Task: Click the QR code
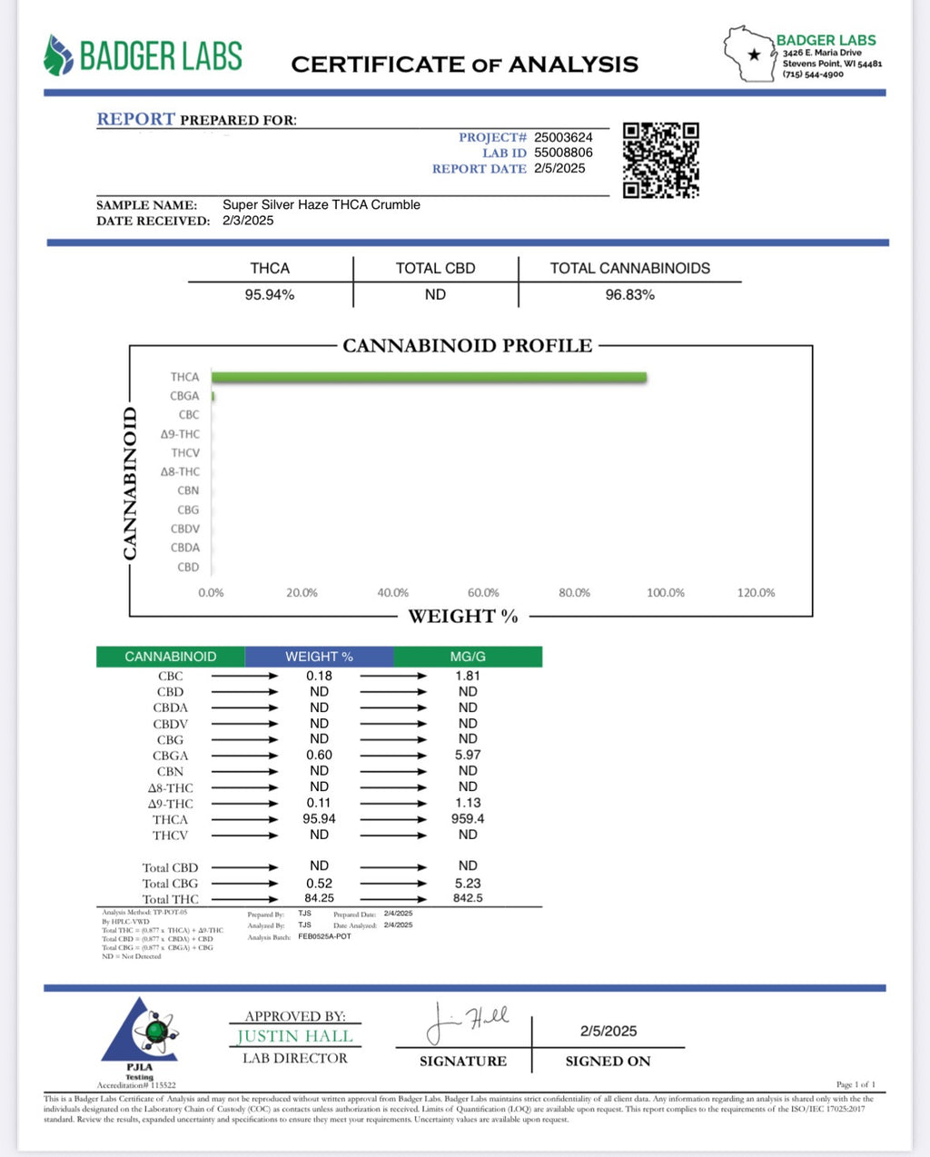(x=660, y=160)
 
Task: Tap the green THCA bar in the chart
(x=429, y=377)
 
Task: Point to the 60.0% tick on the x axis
(x=483, y=593)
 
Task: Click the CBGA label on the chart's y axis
(x=184, y=396)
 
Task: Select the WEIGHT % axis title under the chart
(x=463, y=617)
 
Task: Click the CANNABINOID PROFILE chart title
(x=467, y=346)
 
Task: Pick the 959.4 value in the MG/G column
(x=468, y=819)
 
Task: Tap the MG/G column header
(x=468, y=657)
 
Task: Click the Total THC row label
(x=170, y=899)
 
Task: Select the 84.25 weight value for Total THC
(x=319, y=898)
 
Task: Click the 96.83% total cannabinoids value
(x=629, y=295)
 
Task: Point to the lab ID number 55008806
(x=563, y=153)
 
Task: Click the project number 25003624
(x=563, y=137)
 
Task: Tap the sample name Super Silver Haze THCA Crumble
(x=322, y=204)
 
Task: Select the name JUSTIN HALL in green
(x=294, y=1036)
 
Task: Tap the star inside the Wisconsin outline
(x=754, y=54)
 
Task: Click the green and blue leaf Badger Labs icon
(x=57, y=55)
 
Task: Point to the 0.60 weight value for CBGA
(x=319, y=756)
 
